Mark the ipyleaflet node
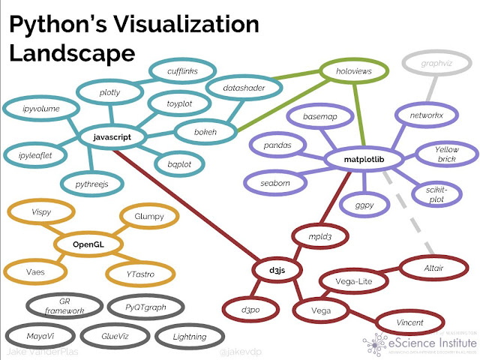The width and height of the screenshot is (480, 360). (35, 154)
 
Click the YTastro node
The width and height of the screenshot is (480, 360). (141, 274)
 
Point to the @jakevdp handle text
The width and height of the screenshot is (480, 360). (238, 351)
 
